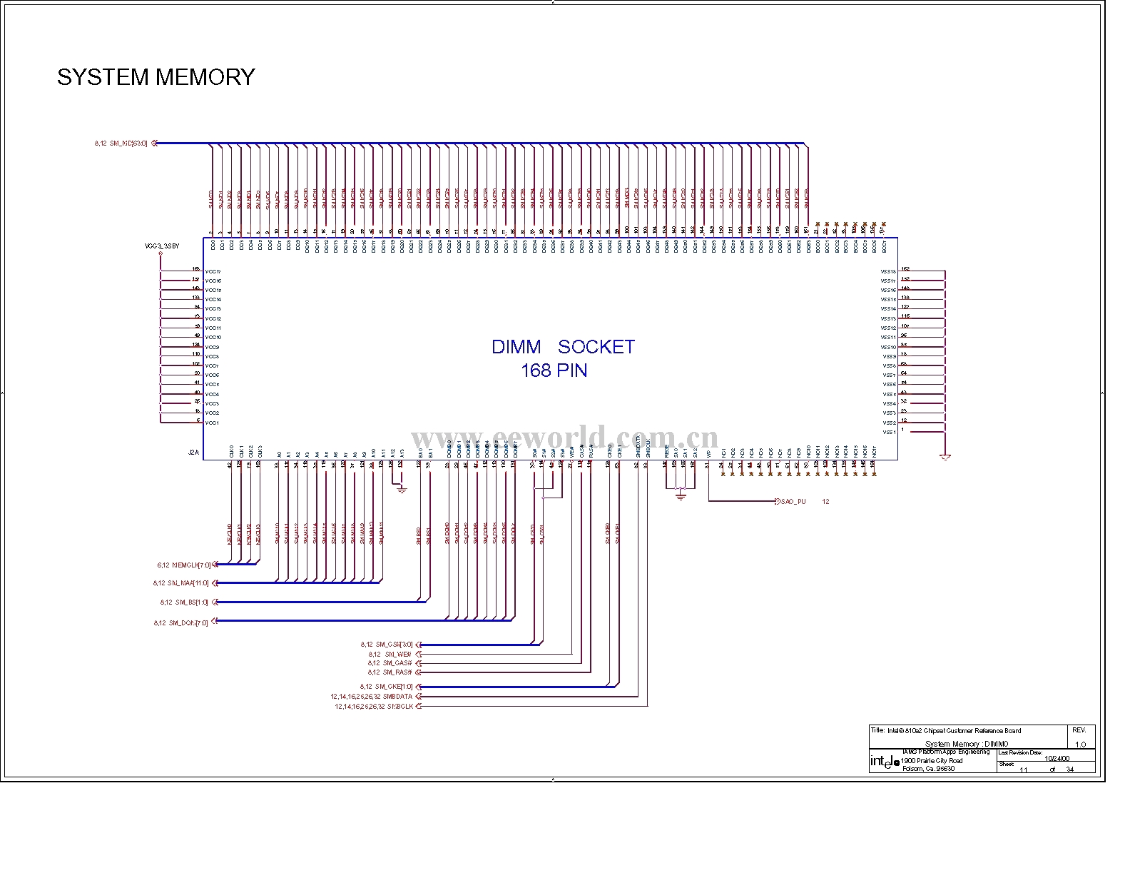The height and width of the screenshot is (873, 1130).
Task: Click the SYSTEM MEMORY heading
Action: coord(156,77)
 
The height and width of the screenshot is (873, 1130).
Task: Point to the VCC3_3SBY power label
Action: coord(162,246)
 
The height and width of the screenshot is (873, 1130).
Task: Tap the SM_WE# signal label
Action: coord(397,654)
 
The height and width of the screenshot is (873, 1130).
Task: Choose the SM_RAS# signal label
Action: coord(398,672)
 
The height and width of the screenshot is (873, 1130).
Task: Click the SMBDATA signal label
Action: coord(397,697)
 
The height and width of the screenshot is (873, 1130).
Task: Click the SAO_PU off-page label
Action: coord(792,502)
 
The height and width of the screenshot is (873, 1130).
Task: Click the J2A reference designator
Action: coord(193,453)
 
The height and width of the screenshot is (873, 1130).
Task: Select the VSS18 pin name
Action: coord(888,272)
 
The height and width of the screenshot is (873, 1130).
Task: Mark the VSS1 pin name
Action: coord(889,433)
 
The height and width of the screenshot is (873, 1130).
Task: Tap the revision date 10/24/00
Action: coord(1057,758)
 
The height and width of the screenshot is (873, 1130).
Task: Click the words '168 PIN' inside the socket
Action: coord(554,370)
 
